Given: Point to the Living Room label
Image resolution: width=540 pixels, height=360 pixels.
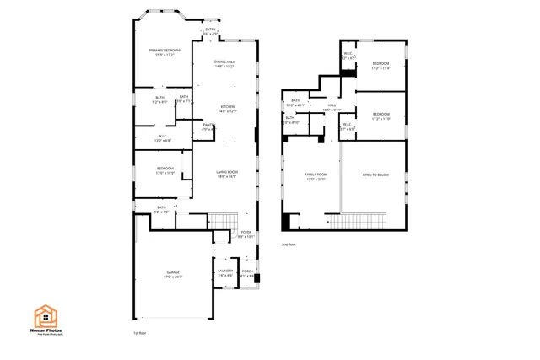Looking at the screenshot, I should click(228, 174).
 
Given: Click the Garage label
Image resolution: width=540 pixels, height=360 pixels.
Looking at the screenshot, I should click(172, 274).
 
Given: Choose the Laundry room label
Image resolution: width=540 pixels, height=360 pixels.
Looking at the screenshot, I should click(225, 272).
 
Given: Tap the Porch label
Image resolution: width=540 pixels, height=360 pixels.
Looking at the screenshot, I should click(247, 272).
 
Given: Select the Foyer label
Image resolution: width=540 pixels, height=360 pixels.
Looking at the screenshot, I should click(246, 234).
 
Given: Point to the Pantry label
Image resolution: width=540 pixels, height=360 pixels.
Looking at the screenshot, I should click(208, 126).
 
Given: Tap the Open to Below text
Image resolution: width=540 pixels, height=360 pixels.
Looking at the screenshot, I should click(375, 175).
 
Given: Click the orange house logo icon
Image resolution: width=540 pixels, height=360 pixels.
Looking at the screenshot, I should click(46, 316).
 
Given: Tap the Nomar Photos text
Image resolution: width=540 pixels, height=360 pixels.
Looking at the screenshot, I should click(46, 333).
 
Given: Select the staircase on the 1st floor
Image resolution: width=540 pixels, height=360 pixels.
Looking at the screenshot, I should click(221, 221).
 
